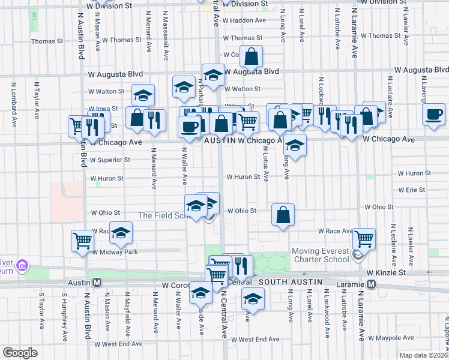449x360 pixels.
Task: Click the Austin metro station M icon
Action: click(96, 282)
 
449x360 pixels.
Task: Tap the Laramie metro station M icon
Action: click(372, 283)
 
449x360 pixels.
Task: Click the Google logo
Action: click(20, 353)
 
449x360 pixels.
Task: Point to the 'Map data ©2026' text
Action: click(423, 355)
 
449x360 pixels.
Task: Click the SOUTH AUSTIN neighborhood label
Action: click(291, 281)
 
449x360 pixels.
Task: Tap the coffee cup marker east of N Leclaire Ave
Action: click(433, 114)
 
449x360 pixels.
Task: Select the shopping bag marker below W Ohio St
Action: click(283, 215)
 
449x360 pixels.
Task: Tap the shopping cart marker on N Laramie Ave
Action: click(364, 238)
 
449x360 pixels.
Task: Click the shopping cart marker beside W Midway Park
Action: click(83, 241)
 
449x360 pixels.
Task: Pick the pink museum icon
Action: click(22, 265)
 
